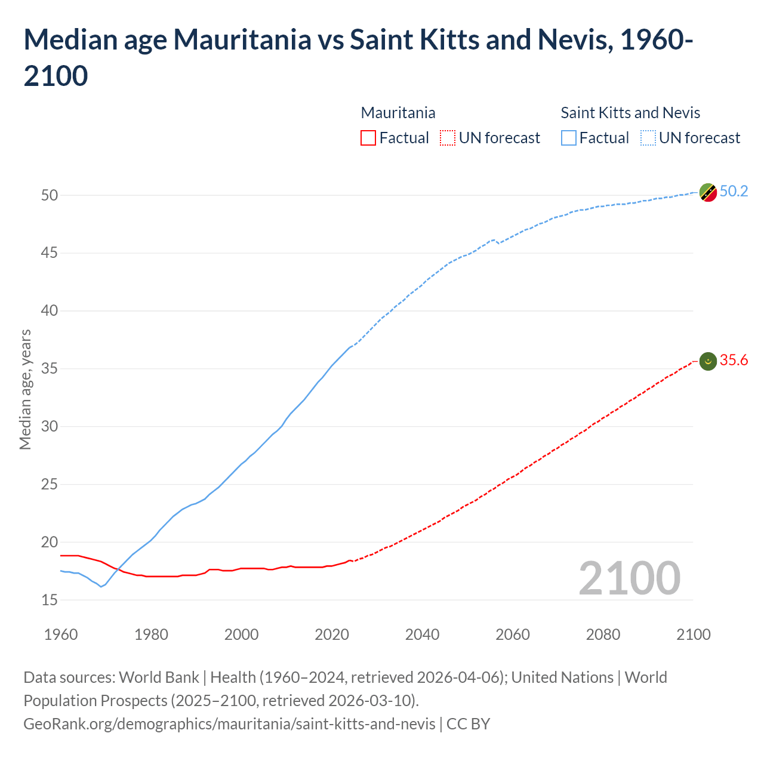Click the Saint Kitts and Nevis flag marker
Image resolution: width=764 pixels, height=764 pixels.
pos(708,193)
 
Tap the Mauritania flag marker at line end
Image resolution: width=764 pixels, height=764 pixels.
pos(708,361)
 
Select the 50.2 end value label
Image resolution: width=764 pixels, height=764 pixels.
pos(734,191)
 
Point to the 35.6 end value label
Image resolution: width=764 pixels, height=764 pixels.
pos(734,360)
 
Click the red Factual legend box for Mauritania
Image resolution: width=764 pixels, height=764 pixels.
pos(368,138)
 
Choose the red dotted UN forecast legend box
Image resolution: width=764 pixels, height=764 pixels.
pos(448,138)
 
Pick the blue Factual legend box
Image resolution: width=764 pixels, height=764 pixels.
pos(569,138)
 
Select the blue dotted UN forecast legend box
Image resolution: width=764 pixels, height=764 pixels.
pos(648,138)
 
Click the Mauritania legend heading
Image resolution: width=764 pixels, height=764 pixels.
pos(398,113)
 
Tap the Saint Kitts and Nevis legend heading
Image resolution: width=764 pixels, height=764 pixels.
pos(630,113)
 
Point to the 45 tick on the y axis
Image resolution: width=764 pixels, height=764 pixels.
pos(50,253)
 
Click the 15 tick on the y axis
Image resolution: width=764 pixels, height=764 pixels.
pos(50,600)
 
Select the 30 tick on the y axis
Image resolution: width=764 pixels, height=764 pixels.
pos(50,426)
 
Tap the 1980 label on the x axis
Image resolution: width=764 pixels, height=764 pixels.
pos(151,634)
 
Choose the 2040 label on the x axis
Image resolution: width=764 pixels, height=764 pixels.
pos(422,634)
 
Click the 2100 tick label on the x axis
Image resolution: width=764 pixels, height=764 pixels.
pos(693,634)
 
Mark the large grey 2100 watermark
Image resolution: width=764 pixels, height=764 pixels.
pos(629,578)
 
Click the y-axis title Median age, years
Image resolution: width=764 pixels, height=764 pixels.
pos(25,389)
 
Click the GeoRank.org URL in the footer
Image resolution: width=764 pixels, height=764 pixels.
pos(229,723)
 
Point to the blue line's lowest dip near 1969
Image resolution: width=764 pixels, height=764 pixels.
pos(101,586)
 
